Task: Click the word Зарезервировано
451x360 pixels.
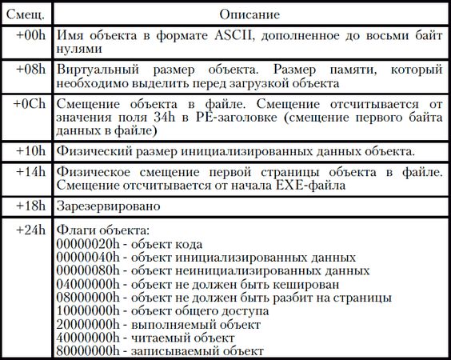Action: (x=106, y=206)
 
